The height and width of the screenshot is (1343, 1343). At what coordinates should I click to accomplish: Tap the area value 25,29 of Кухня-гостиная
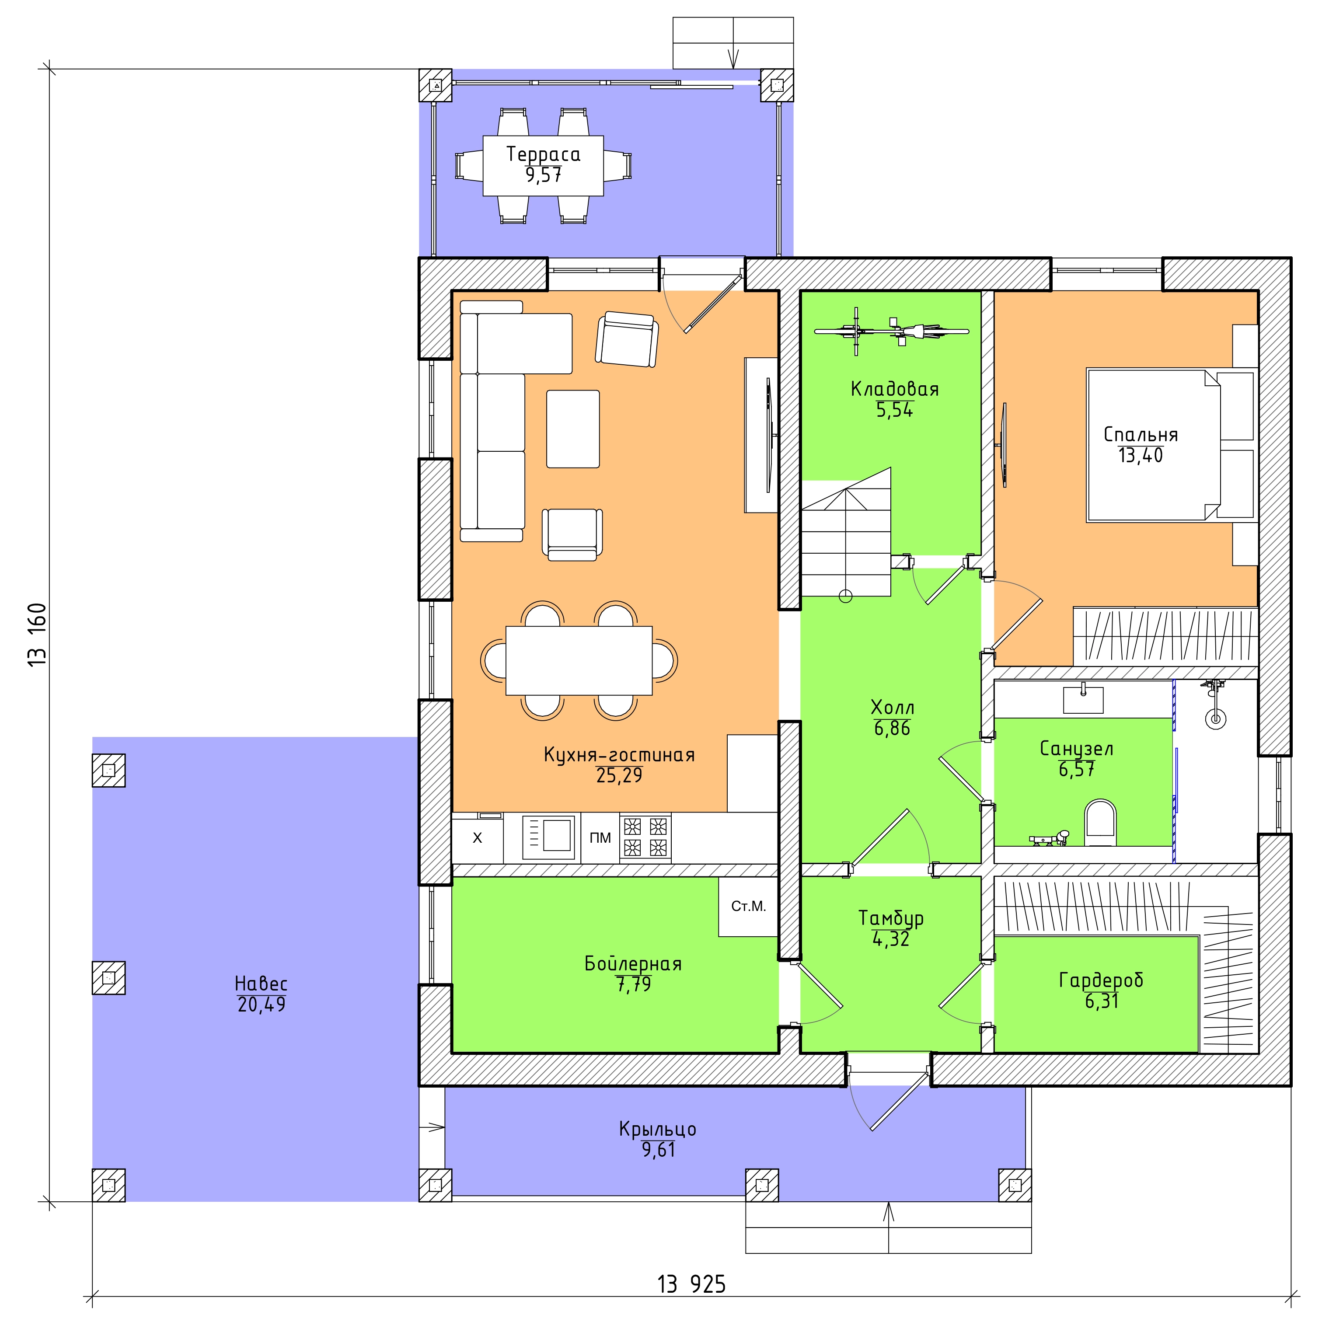619,775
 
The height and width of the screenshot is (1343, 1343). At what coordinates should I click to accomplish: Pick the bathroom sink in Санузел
1083,700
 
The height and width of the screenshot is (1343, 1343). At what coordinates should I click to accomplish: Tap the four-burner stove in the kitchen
645,837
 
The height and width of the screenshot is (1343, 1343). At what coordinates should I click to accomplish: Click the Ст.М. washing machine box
748,907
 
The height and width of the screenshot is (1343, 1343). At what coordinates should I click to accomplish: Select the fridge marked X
478,837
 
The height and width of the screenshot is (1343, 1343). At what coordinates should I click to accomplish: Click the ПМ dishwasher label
600,837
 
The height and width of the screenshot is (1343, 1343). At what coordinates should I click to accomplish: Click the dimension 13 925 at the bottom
692,1284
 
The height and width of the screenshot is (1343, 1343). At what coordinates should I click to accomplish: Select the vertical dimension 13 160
38,635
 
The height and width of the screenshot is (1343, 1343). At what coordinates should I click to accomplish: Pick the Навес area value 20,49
262,1005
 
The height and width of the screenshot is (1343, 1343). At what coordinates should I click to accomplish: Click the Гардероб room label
1101,980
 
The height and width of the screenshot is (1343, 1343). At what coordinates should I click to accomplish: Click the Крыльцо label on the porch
658,1129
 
